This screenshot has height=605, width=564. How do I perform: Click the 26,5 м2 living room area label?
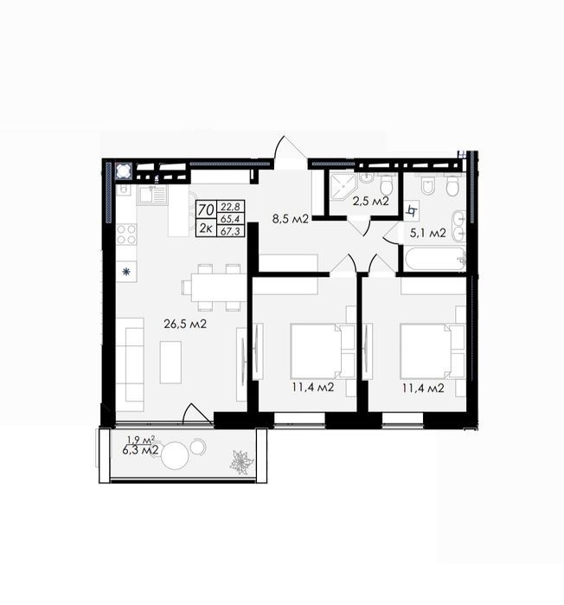pyautogui.click(x=185, y=324)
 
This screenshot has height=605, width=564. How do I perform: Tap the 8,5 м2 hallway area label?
pyautogui.click(x=291, y=219)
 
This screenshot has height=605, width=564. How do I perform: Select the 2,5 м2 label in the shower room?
pyautogui.click(x=370, y=201)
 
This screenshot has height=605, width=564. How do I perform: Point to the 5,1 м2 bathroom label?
pyautogui.click(x=428, y=233)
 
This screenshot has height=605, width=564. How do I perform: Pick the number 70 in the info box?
pyautogui.click(x=206, y=210)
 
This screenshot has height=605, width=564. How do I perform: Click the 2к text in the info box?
pyautogui.click(x=206, y=228)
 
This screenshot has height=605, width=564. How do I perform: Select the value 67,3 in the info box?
pyautogui.click(x=230, y=231)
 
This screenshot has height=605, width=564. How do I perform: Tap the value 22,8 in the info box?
pyautogui.click(x=230, y=207)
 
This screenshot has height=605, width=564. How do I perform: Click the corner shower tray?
pyautogui.click(x=343, y=187)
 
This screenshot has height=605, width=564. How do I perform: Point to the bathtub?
pyautogui.click(x=434, y=259)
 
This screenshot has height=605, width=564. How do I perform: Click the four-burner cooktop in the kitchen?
pyautogui.click(x=126, y=235)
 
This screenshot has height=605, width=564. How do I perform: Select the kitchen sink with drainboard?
pyautogui.click(x=152, y=196)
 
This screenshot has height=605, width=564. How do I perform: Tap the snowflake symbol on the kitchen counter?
pyautogui.click(x=126, y=272)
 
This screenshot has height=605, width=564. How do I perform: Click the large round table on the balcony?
pyautogui.click(x=175, y=455)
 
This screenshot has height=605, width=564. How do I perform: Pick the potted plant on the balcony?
pyautogui.click(x=241, y=462)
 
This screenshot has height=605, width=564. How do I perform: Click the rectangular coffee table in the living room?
pyautogui.click(x=170, y=363)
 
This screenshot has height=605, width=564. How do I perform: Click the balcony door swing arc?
pyautogui.click(x=196, y=414)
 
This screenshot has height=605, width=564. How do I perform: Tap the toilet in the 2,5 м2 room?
pyautogui.click(x=386, y=184)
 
